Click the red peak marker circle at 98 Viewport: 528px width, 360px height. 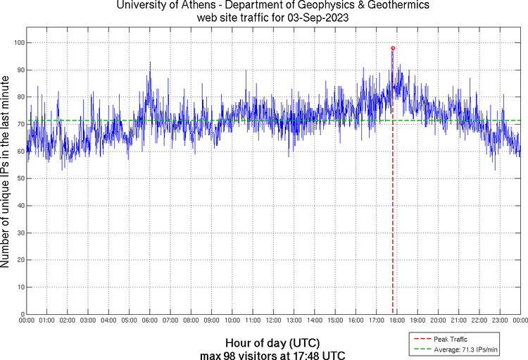(393, 48)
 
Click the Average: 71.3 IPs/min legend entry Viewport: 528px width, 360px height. (461, 349)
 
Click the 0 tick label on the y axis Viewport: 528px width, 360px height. (21, 314)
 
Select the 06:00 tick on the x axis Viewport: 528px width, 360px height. (150, 321)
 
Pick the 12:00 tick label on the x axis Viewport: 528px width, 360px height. (273, 321)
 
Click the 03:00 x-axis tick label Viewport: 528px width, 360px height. (88, 321)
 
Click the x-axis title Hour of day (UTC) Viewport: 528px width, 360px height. (272, 343)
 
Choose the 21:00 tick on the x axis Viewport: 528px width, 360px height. (458, 321)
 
